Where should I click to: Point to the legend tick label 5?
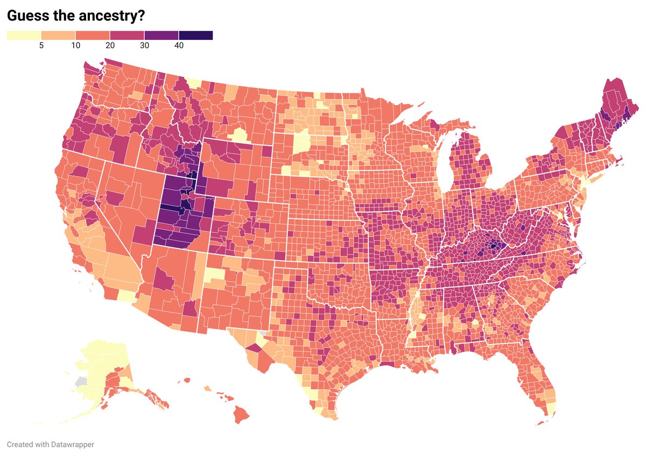[x=41, y=46]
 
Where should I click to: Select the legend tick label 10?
[x=75, y=46]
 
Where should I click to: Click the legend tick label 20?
[x=110, y=46]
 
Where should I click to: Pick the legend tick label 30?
[x=144, y=46]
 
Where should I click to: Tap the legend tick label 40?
[x=179, y=46]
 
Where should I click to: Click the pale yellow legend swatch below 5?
[x=24, y=35]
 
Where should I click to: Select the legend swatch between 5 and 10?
[x=58, y=35]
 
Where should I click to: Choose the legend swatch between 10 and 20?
[x=93, y=35]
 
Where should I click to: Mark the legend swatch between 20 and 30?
[x=127, y=35]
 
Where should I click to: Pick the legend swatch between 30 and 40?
[x=161, y=35]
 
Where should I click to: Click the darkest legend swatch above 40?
[x=196, y=35]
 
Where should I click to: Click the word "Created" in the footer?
[x=19, y=445]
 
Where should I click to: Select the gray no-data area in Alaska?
[x=81, y=381]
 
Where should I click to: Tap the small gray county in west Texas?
[x=262, y=334]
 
